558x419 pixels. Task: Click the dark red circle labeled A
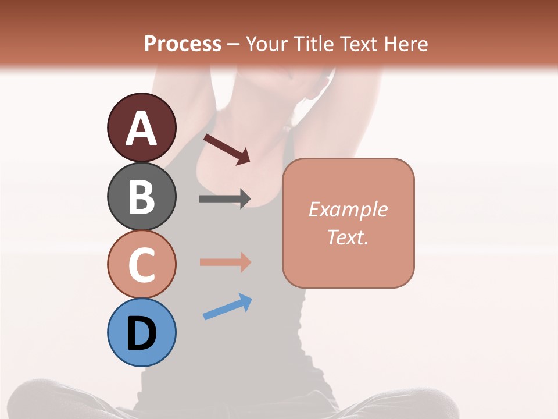[141, 127]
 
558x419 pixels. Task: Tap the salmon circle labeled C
[141, 264]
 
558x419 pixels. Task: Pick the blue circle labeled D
[141, 332]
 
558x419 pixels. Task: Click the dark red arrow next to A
[227, 149]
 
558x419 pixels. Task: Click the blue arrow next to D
[227, 307]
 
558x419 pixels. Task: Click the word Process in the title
[183, 44]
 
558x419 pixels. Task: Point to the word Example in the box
[348, 210]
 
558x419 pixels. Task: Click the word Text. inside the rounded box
[348, 237]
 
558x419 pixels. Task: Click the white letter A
[141, 129]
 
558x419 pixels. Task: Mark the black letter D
[141, 333]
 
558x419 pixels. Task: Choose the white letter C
[141, 265]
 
